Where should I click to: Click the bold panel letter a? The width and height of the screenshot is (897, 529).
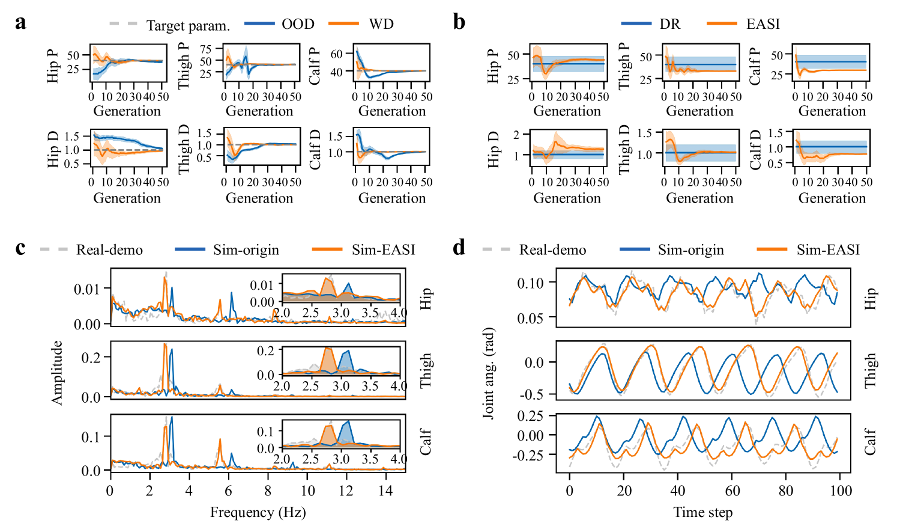[x=21, y=23]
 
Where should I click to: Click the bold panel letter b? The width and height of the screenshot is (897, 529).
[x=459, y=23]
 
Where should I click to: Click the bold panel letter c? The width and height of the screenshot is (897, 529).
[x=20, y=248]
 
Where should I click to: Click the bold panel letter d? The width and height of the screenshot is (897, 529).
[x=459, y=247]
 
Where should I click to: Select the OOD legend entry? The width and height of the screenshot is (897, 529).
[x=298, y=24]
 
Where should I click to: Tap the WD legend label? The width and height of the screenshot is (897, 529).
[x=381, y=24]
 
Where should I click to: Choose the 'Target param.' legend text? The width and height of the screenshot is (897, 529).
[x=188, y=25]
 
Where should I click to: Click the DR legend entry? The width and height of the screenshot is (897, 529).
[x=669, y=24]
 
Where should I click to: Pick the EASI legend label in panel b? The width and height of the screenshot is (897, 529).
[x=763, y=24]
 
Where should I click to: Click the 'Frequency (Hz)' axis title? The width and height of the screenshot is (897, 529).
[x=258, y=512]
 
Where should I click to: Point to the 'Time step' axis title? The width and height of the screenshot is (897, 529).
[x=703, y=512]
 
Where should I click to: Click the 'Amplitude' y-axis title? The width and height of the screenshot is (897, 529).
[x=57, y=373]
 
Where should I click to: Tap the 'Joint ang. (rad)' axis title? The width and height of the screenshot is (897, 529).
[x=489, y=373]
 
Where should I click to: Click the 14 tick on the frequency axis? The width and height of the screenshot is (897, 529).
[x=385, y=491]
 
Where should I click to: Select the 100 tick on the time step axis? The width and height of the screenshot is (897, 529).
[x=840, y=491]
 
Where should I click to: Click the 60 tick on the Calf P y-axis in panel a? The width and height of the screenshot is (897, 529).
[x=336, y=54]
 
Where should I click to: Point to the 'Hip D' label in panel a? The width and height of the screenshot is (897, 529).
[x=53, y=149]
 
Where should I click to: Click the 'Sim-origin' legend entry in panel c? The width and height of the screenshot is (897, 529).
[x=246, y=250]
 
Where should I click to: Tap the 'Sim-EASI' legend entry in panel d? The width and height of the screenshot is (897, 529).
[x=828, y=250]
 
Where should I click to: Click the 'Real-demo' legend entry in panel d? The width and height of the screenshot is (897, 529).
[x=552, y=250]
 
